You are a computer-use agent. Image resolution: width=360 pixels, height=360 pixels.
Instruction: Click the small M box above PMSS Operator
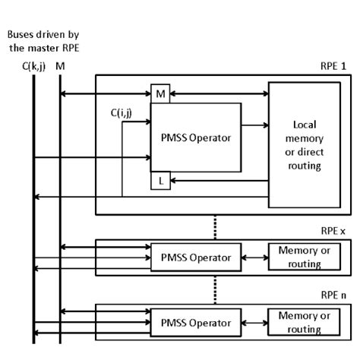159,94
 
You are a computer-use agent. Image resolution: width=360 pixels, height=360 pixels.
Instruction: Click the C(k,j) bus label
33,66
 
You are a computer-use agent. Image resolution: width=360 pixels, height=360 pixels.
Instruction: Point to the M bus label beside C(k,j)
60,66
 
